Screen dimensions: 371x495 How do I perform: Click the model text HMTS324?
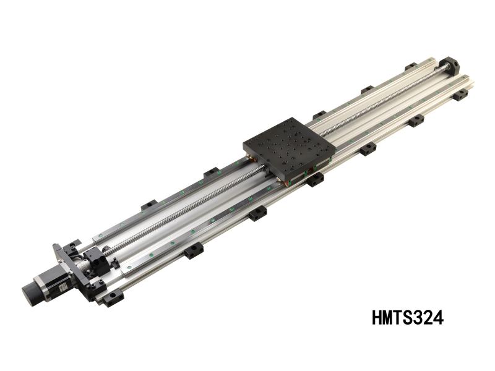[407, 318]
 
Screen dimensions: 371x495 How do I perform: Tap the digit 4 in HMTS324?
[438, 318]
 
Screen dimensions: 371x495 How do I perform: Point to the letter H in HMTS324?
[377, 318]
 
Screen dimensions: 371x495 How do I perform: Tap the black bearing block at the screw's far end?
[449, 65]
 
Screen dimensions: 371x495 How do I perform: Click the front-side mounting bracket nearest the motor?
[113, 299]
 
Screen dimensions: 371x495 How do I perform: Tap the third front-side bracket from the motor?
[257, 213]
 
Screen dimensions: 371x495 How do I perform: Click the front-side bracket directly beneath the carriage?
[315, 179]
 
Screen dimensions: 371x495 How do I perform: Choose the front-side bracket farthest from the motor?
[460, 95]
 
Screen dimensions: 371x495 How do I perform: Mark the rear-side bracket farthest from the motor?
[411, 66]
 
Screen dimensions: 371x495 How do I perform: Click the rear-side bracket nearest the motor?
[148, 205]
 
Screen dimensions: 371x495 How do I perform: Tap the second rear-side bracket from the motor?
[211, 172]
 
